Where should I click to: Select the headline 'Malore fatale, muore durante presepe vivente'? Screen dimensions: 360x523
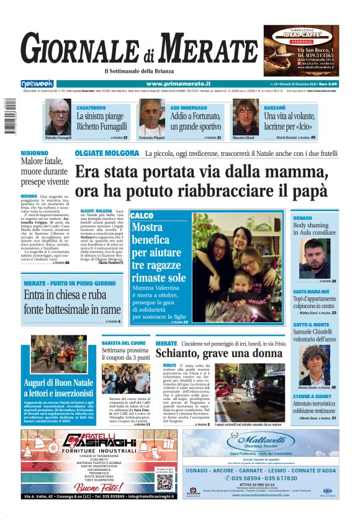(45, 171)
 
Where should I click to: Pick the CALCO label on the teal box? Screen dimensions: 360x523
(142, 216)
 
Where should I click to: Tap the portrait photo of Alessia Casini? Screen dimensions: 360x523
(315, 365)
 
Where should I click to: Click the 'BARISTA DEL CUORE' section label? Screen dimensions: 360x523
(124, 342)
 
